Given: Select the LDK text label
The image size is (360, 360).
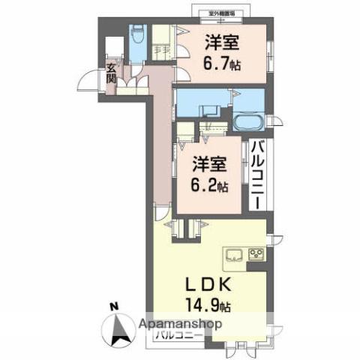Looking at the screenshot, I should click(x=208, y=286).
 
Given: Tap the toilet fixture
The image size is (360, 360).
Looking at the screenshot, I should click(x=138, y=34).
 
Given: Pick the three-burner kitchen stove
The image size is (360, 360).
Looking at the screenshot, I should click(x=256, y=253).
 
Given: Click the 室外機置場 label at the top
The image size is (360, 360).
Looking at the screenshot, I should click(x=228, y=13).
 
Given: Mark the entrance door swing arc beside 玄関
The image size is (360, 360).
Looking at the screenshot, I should click(x=92, y=79).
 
